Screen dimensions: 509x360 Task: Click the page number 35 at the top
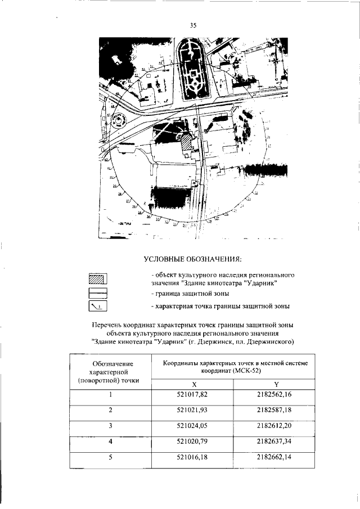point(193,25)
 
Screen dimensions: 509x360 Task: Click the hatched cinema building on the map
point(185,143)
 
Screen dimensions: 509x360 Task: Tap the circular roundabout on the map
point(118,120)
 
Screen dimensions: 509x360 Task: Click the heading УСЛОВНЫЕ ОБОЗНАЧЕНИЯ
point(193,259)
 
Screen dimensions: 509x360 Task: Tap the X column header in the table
point(193,383)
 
